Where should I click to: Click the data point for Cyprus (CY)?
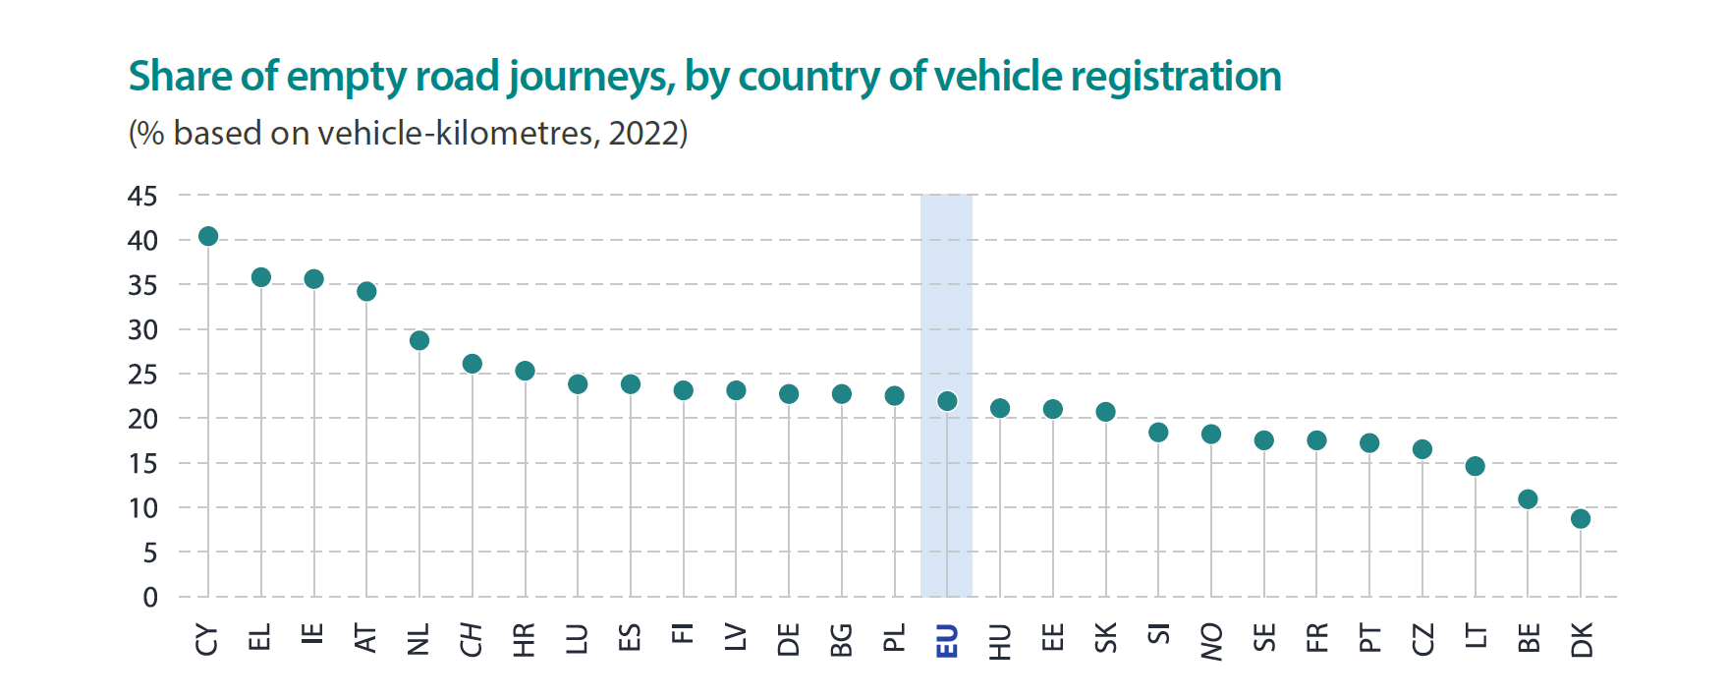click(x=208, y=236)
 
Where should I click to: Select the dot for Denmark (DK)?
click(x=1581, y=518)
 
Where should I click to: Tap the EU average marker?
click(x=947, y=401)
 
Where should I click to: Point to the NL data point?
click(x=419, y=340)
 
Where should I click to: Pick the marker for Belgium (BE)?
click(x=1528, y=499)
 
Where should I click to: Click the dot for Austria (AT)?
click(x=366, y=291)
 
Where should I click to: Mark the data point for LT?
click(x=1475, y=466)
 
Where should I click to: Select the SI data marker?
click(x=1158, y=433)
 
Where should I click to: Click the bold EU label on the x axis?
click(x=947, y=640)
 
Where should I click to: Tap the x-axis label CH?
click(x=473, y=639)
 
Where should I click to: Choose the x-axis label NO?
click(x=1211, y=641)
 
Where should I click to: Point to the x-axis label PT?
click(x=1369, y=639)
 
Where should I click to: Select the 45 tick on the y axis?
click(x=142, y=196)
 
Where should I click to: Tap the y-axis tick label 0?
click(x=150, y=597)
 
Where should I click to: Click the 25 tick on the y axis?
click(x=142, y=375)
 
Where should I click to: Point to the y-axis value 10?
click(x=142, y=508)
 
